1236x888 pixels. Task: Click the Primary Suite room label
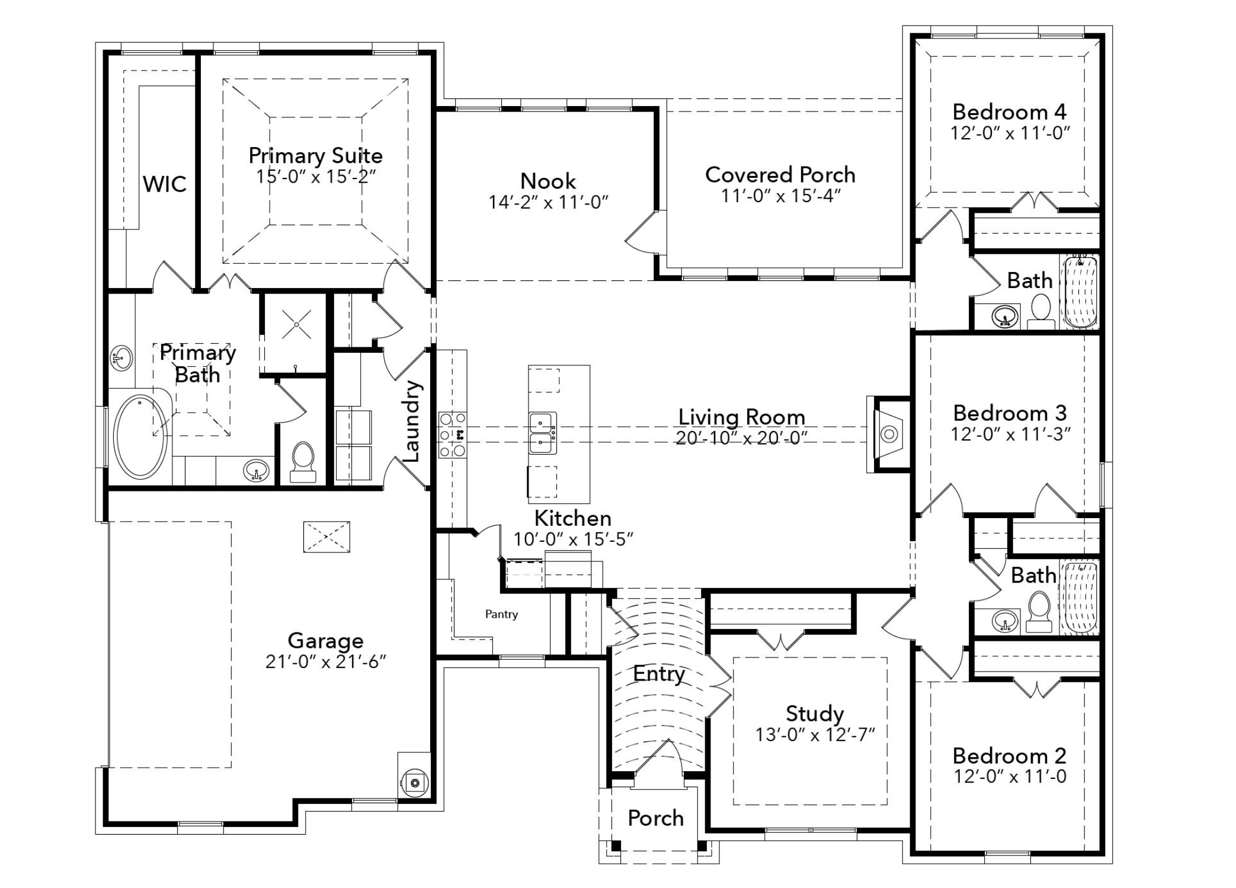pyautogui.click(x=315, y=156)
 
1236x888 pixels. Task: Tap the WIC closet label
pyautogui.click(x=165, y=184)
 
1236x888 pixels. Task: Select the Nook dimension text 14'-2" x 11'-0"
pyautogui.click(x=549, y=203)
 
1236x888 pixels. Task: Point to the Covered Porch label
pyautogui.click(x=780, y=175)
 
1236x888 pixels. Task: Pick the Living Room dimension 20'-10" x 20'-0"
pyautogui.click(x=742, y=438)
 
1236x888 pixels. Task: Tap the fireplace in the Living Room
pyautogui.click(x=888, y=435)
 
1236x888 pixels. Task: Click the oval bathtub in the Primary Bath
pyautogui.click(x=140, y=436)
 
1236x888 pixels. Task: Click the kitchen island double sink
pyautogui.click(x=543, y=432)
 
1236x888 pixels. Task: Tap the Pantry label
pyautogui.click(x=501, y=614)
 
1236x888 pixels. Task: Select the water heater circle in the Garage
pyautogui.click(x=414, y=783)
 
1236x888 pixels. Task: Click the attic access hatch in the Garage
pyautogui.click(x=326, y=537)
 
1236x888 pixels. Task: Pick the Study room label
pyautogui.click(x=815, y=714)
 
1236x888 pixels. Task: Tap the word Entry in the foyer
pyautogui.click(x=659, y=673)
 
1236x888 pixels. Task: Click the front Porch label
pyautogui.click(x=656, y=818)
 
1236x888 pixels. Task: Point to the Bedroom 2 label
pyautogui.click(x=1010, y=756)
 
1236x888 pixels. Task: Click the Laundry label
pyautogui.click(x=411, y=421)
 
